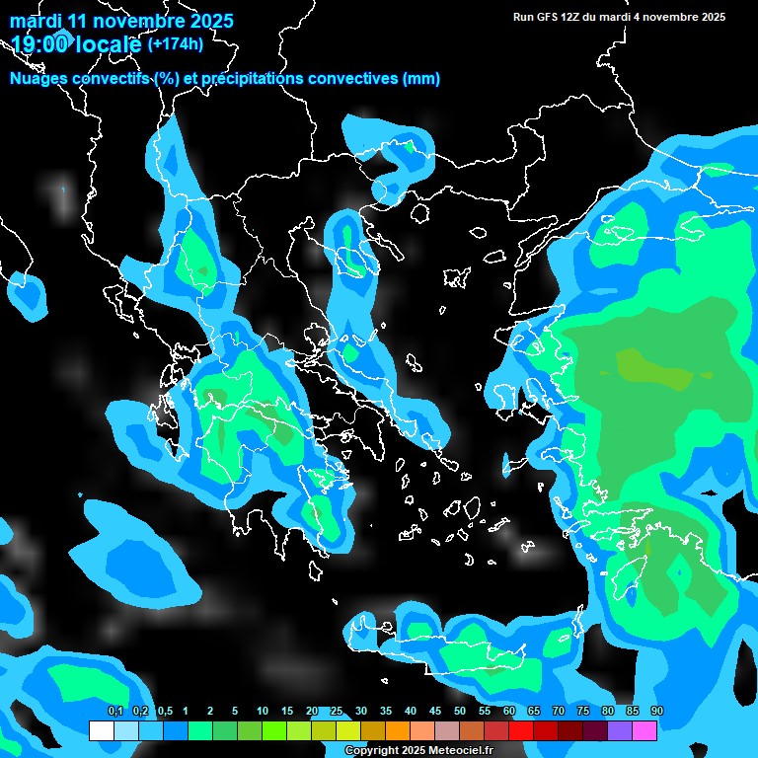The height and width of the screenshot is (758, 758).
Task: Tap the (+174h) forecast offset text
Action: click(175, 43)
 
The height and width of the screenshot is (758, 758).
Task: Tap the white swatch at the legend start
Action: click(101, 731)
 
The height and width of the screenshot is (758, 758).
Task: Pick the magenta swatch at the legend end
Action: click(644, 731)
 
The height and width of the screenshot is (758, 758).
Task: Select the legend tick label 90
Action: click(657, 712)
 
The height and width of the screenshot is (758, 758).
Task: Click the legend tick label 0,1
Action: click(115, 712)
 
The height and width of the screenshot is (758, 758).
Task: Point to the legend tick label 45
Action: click(435, 712)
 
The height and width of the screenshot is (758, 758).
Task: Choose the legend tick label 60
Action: click(509, 712)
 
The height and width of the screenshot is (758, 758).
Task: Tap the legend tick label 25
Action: click(337, 712)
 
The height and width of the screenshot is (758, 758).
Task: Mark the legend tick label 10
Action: click(263, 712)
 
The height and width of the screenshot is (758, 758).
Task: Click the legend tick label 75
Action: click(583, 712)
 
